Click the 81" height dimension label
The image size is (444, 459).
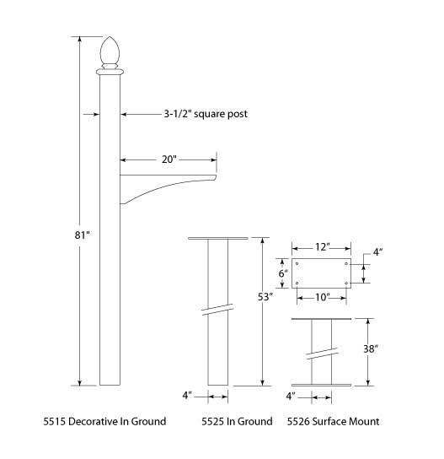pyautogui.click(x=83, y=235)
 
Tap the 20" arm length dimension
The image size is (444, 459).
pyautogui.click(x=169, y=159)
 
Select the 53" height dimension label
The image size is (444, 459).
pyautogui.click(x=265, y=297)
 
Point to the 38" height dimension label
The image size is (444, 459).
pyautogui.click(x=371, y=348)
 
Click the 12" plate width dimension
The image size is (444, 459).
pyautogui.click(x=323, y=247)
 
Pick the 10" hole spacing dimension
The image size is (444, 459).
pyautogui.click(x=323, y=297)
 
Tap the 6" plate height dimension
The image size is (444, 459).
pyautogui.click(x=282, y=273)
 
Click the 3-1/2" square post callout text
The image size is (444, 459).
pyautogui.click(x=206, y=114)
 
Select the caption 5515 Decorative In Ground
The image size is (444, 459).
pyautogui.click(x=104, y=422)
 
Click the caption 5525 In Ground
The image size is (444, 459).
pyautogui.click(x=237, y=422)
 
